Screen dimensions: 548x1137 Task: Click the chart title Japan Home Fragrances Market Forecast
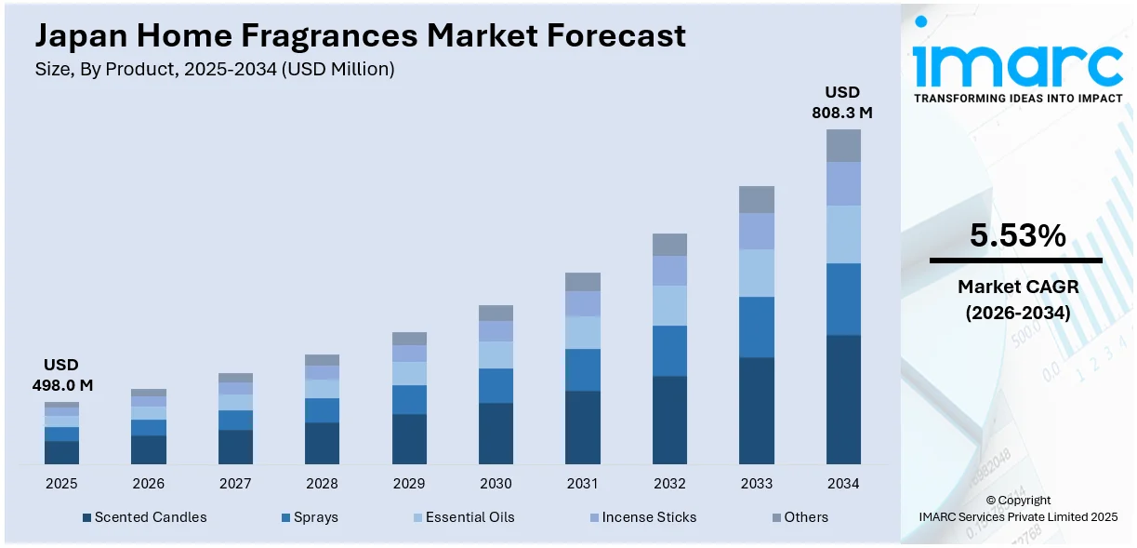[x=361, y=35]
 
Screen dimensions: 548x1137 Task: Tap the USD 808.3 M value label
[x=843, y=102]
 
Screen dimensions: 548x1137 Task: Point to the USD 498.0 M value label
[x=61, y=375]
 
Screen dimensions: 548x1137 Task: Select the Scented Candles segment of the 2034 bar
[x=843, y=399]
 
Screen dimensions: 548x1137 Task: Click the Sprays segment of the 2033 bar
[x=756, y=327]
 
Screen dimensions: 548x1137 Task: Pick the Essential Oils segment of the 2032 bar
[x=669, y=305]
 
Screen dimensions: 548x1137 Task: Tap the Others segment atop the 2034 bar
[x=843, y=145]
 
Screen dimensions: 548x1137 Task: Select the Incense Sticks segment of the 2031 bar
[x=583, y=303]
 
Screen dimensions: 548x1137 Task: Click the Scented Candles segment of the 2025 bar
[x=61, y=452]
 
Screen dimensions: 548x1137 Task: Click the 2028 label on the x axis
[x=322, y=484]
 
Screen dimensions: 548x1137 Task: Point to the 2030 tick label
[x=496, y=484]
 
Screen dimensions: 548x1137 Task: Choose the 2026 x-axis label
[x=149, y=484]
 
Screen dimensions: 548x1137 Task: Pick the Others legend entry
[x=800, y=517]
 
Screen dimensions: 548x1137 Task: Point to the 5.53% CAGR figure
[x=1017, y=236]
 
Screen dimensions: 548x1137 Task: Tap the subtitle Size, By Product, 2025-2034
[x=215, y=70]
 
